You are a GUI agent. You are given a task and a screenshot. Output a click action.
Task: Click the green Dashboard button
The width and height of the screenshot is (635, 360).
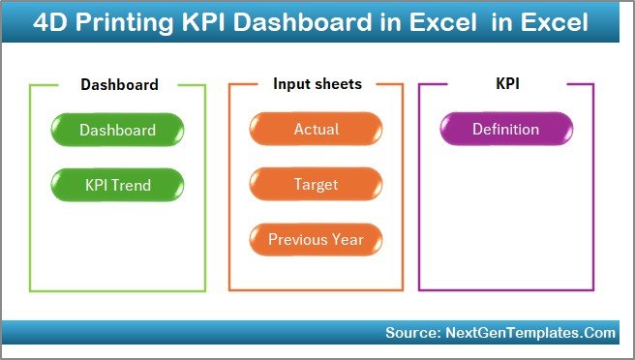point(117,130)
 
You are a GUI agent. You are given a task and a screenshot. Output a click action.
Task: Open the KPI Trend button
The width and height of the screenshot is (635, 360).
point(117,184)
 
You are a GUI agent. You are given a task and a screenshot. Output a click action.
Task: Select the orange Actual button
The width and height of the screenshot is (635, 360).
point(316,130)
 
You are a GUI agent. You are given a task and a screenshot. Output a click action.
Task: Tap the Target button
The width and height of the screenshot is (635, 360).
point(316,184)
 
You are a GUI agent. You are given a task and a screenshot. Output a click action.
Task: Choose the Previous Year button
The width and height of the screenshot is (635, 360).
point(316,239)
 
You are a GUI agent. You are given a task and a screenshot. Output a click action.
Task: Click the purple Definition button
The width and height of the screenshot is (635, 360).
point(505,130)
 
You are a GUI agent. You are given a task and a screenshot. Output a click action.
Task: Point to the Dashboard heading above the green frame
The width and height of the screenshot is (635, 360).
point(119,85)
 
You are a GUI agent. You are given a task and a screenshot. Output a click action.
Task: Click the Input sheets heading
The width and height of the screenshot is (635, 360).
point(317,84)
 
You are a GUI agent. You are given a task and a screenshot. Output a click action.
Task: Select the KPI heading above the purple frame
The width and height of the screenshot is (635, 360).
point(507,85)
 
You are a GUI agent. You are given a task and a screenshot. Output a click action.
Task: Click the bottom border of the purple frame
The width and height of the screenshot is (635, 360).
point(505,290)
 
